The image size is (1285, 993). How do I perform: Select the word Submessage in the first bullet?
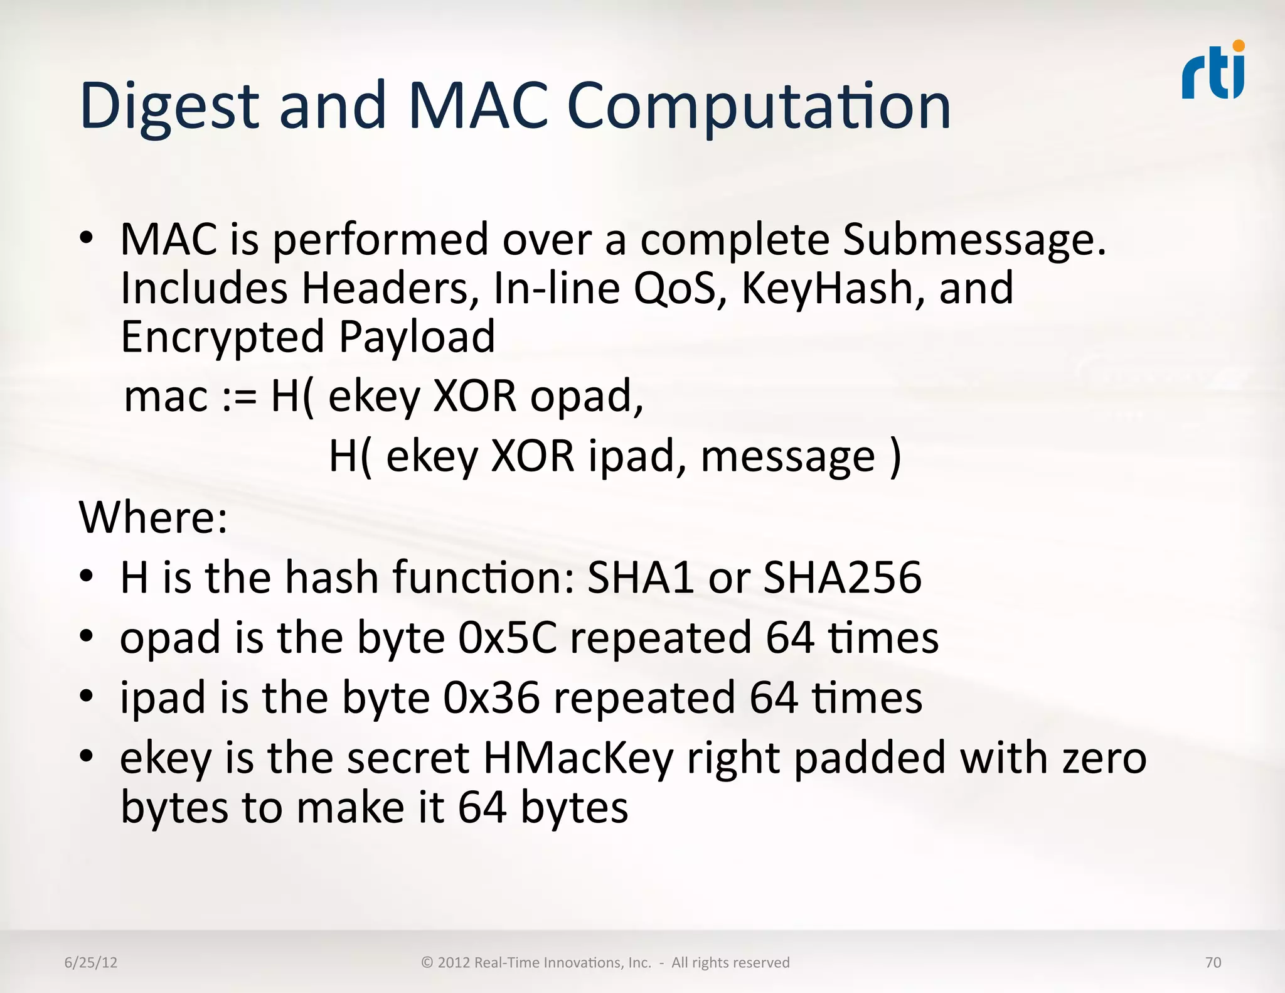click(x=974, y=240)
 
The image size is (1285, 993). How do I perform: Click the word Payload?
click(x=417, y=338)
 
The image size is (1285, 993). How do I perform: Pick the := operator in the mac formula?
click(x=240, y=397)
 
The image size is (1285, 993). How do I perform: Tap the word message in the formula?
click(x=788, y=457)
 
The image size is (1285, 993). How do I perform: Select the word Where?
click(x=154, y=518)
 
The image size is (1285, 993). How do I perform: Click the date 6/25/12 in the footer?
click(x=91, y=963)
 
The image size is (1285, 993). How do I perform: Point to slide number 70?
click(x=1213, y=963)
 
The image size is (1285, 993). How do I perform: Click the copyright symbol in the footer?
click(x=427, y=963)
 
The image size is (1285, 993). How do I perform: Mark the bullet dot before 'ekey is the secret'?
click(x=87, y=755)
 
